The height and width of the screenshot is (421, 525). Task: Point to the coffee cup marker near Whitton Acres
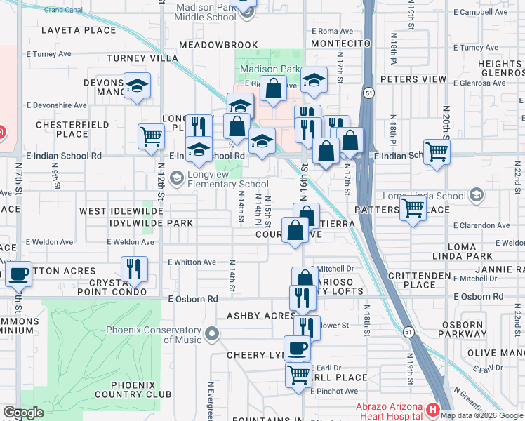[x=19, y=274]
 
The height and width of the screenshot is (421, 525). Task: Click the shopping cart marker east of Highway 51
[x=437, y=150]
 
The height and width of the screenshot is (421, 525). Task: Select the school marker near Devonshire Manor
[x=137, y=86]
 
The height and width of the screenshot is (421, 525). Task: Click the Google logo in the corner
[x=23, y=413]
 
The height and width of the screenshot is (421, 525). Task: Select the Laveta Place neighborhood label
[x=78, y=30]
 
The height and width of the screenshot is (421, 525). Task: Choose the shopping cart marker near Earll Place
[x=298, y=375]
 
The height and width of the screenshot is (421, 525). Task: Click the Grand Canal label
[x=63, y=10]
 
